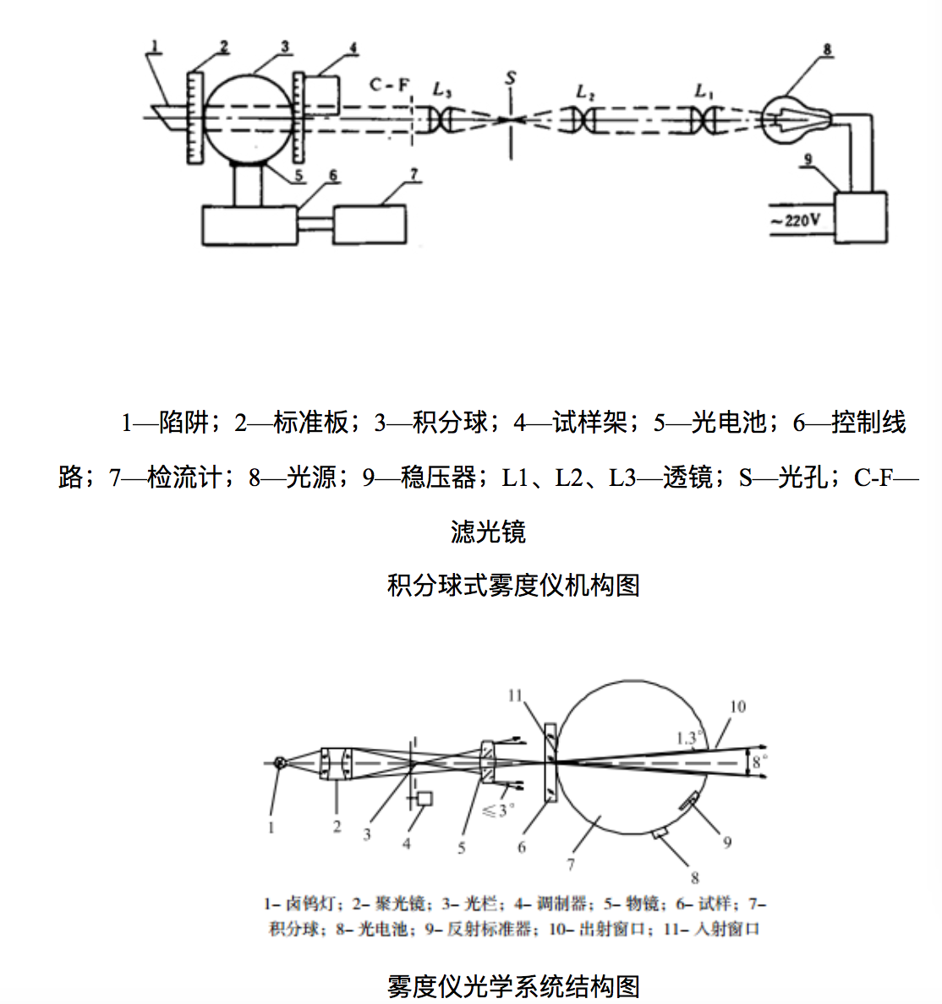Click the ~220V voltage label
click(x=795, y=221)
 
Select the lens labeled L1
click(x=704, y=120)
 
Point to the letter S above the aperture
click(x=510, y=79)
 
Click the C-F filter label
click(x=390, y=85)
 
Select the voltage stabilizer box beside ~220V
click(x=861, y=217)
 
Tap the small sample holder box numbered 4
click(x=321, y=95)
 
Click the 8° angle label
click(x=759, y=762)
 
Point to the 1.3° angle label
click(x=689, y=738)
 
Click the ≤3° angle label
click(x=498, y=810)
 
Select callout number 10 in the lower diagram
click(x=737, y=707)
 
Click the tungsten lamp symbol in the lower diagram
click(x=280, y=763)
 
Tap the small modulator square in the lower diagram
click(x=424, y=799)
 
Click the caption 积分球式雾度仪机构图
click(x=513, y=585)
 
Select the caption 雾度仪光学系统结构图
click(x=513, y=985)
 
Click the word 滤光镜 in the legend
click(x=488, y=532)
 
